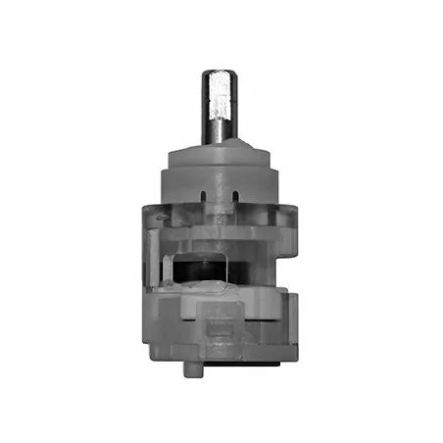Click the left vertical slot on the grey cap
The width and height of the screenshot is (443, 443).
point(203,194)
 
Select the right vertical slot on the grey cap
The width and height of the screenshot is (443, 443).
point(236,194)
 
